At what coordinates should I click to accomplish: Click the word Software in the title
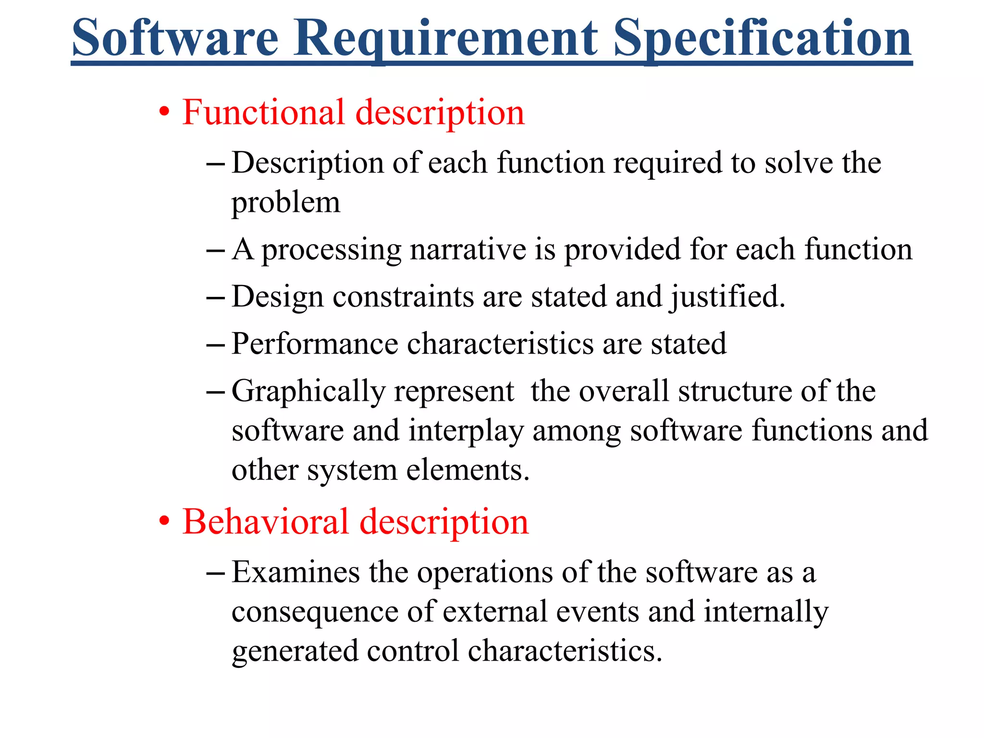(175, 38)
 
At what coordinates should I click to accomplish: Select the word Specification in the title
(763, 38)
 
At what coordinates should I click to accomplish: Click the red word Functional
(263, 112)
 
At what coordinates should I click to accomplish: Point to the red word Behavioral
(266, 522)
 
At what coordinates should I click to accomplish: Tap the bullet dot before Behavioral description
(164, 522)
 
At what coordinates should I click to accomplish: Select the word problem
(286, 203)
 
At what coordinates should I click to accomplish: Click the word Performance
(315, 344)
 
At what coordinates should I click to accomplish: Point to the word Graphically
(308, 391)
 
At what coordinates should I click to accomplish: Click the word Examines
(295, 573)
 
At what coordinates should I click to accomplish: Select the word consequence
(315, 612)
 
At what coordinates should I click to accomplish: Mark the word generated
(295, 652)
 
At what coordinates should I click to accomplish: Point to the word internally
(766, 612)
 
